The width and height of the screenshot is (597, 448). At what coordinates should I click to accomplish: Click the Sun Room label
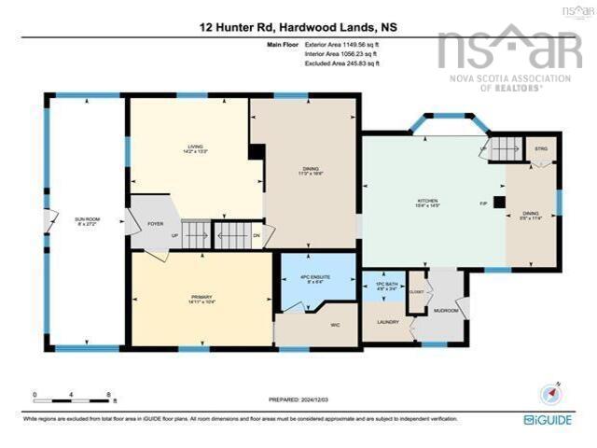(87, 220)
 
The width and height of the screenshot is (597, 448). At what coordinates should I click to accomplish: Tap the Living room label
(196, 147)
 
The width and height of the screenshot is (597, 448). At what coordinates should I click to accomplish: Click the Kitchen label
(427, 202)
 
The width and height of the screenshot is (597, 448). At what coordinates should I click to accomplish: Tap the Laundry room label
(388, 322)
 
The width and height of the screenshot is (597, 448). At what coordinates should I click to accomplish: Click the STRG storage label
(540, 149)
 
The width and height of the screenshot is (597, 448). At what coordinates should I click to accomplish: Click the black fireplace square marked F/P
(500, 202)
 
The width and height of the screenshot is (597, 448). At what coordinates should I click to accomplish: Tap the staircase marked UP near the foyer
(195, 234)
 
